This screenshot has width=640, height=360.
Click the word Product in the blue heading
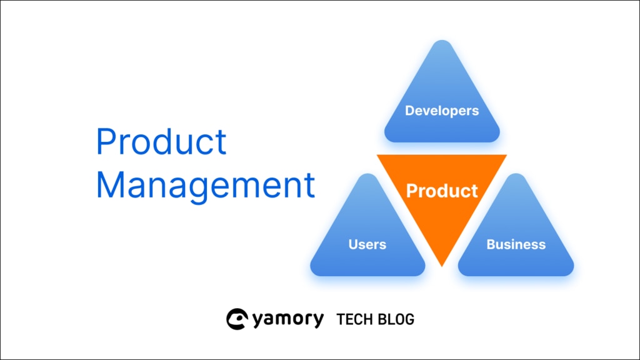point(161,141)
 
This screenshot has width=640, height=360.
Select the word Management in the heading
point(205,186)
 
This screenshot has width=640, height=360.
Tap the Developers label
point(442,111)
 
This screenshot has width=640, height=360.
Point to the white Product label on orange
point(442,191)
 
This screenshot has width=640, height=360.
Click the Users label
point(367,244)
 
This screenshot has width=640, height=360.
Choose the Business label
point(516,244)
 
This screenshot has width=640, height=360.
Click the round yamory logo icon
point(237,319)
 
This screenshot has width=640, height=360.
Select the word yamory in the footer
point(288,319)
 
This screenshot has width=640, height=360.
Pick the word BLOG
point(396,319)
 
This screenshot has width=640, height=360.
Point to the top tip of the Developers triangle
point(442,40)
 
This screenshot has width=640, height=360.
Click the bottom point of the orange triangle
point(442,266)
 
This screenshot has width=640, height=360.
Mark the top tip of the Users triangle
point(367,174)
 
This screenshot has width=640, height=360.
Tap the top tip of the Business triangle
point(516,174)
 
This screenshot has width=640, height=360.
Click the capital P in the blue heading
point(105,141)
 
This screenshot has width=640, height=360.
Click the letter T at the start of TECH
point(341,319)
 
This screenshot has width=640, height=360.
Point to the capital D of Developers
point(410,111)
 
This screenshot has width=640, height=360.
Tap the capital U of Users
point(353,244)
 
